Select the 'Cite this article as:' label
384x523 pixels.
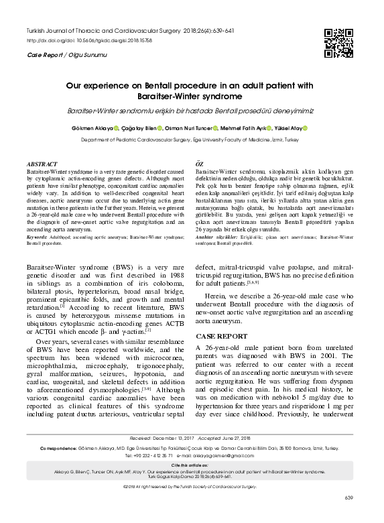pos(191,481)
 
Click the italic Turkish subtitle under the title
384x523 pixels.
pos(191,110)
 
